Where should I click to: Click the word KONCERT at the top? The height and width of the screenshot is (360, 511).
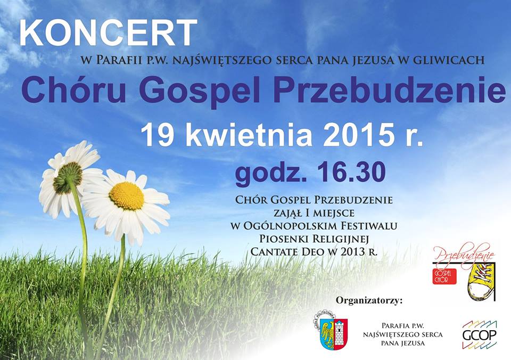coord(109,33)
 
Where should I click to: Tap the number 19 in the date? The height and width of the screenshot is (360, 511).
coord(157,135)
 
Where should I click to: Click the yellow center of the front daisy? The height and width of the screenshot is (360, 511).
coord(127,195)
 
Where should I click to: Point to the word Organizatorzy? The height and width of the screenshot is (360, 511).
coord(369,300)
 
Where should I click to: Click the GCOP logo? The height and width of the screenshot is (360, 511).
coord(479,335)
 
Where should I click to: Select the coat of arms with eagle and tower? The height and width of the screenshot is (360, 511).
coord(332,331)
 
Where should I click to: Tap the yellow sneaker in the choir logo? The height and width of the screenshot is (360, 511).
coord(481,281)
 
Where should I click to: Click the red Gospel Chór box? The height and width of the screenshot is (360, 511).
coord(444,276)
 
